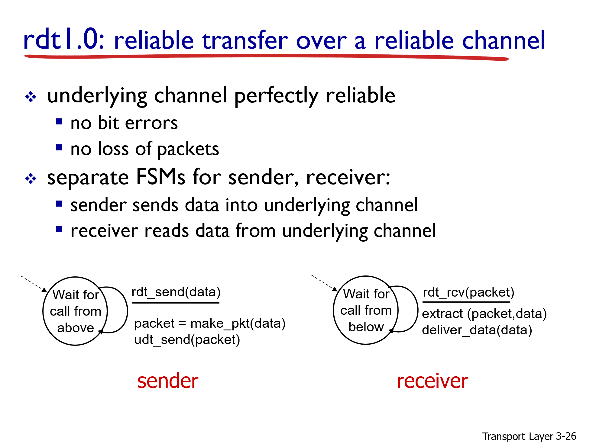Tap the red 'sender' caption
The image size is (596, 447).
(x=168, y=381)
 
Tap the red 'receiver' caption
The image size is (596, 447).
(x=432, y=381)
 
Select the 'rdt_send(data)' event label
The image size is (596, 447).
(x=176, y=292)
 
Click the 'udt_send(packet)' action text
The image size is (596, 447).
(x=187, y=340)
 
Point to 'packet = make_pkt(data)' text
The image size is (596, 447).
(x=210, y=323)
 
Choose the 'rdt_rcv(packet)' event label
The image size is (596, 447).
(x=468, y=292)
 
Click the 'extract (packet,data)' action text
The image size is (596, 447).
(x=484, y=314)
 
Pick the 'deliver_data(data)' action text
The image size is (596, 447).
(x=477, y=330)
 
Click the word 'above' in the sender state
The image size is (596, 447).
(x=76, y=328)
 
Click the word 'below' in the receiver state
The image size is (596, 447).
(x=366, y=327)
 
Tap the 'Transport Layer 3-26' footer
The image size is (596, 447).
(x=529, y=436)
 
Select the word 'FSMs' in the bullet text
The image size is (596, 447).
(x=160, y=177)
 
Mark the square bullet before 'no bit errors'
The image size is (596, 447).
(x=59, y=122)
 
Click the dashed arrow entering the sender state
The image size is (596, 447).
(x=34, y=284)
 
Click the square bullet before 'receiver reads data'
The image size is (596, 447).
(x=59, y=230)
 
